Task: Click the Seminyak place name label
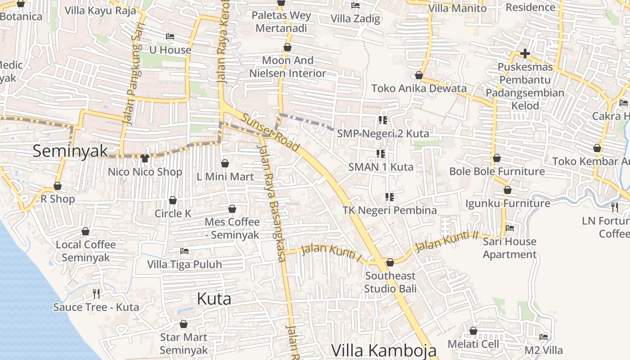[x=70, y=151]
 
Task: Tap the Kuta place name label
[x=214, y=299]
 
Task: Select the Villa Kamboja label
[x=384, y=350]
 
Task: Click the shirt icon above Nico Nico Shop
[x=144, y=158]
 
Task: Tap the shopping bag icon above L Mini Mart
[x=225, y=163]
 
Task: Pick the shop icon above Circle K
[x=173, y=200]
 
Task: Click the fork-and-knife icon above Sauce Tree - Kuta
[x=96, y=294]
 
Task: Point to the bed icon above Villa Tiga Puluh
[x=184, y=251]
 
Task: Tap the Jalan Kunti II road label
[x=446, y=242]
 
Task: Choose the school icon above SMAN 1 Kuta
[x=381, y=154]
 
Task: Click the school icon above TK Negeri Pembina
[x=390, y=197]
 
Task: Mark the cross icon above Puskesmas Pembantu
[x=525, y=54]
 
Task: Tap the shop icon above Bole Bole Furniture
[x=497, y=158]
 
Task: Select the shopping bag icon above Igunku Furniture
[x=508, y=190]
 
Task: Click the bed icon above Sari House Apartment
[x=510, y=228]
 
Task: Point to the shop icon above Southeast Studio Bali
[x=390, y=262]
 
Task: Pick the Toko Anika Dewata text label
[x=419, y=88]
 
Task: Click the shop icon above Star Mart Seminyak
[x=184, y=324]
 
